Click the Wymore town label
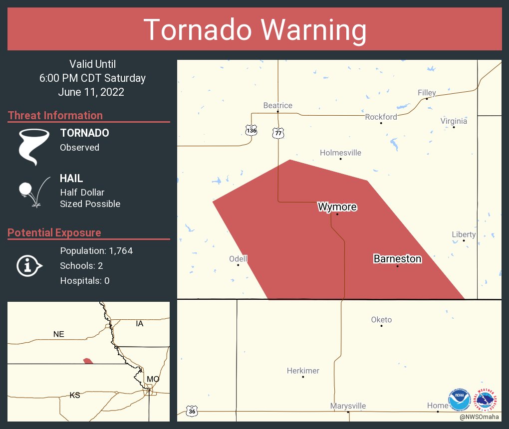point(337,207)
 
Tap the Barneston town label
point(397,259)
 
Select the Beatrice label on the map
point(277,105)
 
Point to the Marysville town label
point(348,406)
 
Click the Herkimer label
point(303,371)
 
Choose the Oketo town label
point(381,320)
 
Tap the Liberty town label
point(464,234)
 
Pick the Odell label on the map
point(238,259)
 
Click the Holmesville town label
point(340,153)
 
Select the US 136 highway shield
point(252,130)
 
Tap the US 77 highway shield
point(278,133)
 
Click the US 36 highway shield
point(192,412)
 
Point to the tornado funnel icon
point(33,146)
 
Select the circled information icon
point(29,265)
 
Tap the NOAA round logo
point(459,400)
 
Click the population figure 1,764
point(119,251)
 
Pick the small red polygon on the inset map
point(88,361)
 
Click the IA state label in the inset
point(140,324)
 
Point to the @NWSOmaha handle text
point(480,417)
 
